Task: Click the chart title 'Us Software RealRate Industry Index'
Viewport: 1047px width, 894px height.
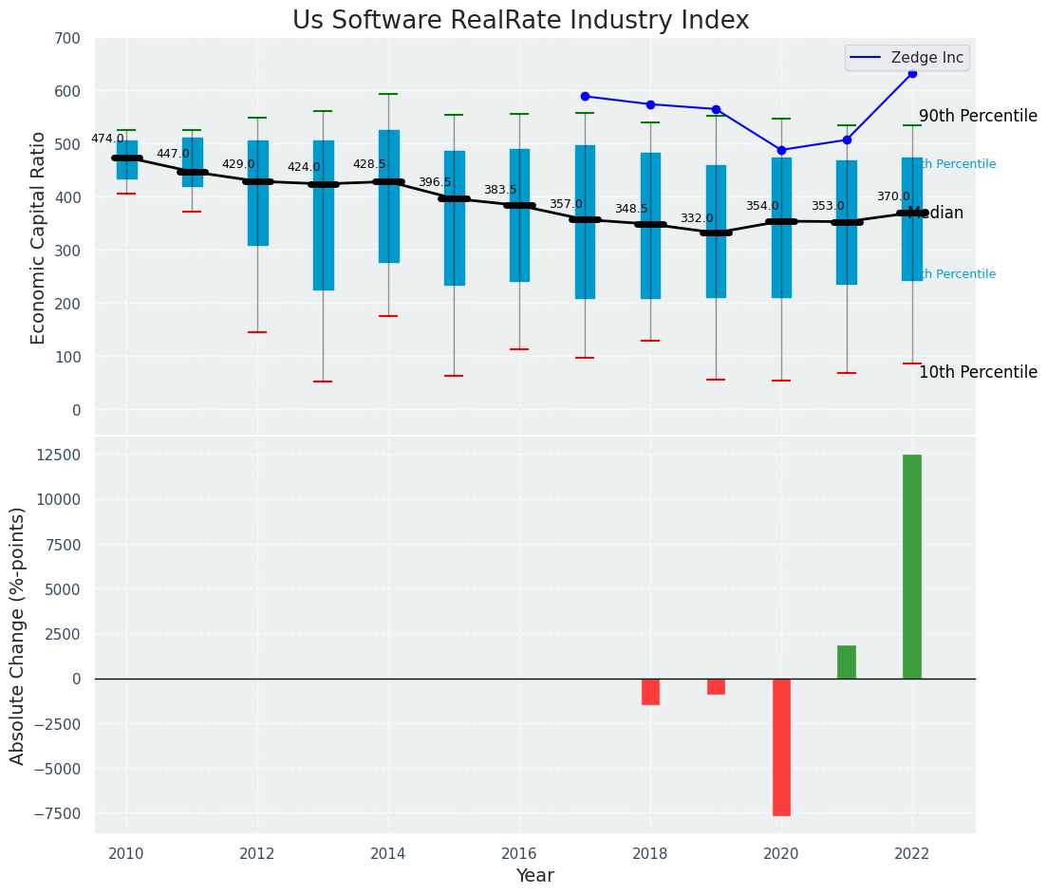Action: point(520,21)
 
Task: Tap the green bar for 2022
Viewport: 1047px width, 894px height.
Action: point(911,567)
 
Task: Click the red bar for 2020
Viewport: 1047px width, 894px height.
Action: point(781,747)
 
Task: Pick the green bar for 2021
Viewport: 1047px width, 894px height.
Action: point(847,662)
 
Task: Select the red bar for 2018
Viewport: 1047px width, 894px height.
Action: point(650,692)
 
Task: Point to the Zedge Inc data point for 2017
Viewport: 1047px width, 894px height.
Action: point(585,96)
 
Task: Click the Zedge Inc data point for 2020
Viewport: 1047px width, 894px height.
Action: point(781,150)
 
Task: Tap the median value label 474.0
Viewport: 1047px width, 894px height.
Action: point(107,139)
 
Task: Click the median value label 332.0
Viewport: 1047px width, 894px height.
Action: point(697,218)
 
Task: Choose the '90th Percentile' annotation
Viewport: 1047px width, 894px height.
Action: point(978,116)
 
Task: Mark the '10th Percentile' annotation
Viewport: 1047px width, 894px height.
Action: point(978,372)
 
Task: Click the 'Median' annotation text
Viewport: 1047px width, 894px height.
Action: point(936,214)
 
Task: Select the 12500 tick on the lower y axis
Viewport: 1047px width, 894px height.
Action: point(60,455)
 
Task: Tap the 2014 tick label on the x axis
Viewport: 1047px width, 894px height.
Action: point(388,854)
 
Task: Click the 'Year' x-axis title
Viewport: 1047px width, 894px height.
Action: point(534,876)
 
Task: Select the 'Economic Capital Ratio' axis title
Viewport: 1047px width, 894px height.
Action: point(39,237)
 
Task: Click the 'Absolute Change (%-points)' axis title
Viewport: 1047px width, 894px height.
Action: point(18,635)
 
